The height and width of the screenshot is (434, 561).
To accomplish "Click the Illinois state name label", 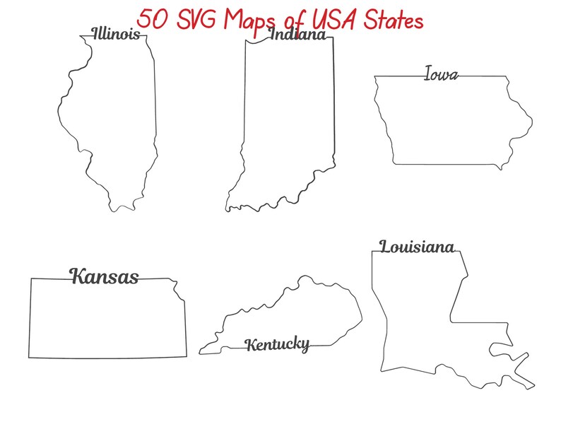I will [115, 34].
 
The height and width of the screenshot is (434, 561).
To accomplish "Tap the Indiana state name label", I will [297, 35].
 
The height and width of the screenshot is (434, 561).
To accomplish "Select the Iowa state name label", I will [441, 74].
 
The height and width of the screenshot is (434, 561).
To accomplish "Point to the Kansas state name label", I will [104, 276].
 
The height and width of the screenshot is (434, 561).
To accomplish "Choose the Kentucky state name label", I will [277, 344].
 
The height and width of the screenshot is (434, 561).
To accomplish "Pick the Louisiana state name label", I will [416, 247].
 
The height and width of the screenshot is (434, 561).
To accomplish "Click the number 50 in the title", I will [153, 19].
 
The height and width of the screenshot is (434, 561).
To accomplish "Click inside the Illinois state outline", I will [113, 120].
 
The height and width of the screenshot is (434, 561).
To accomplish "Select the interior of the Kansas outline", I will [106, 318].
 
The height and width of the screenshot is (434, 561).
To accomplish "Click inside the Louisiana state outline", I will [417, 311].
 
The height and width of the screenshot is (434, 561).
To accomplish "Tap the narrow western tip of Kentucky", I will [201, 350].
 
